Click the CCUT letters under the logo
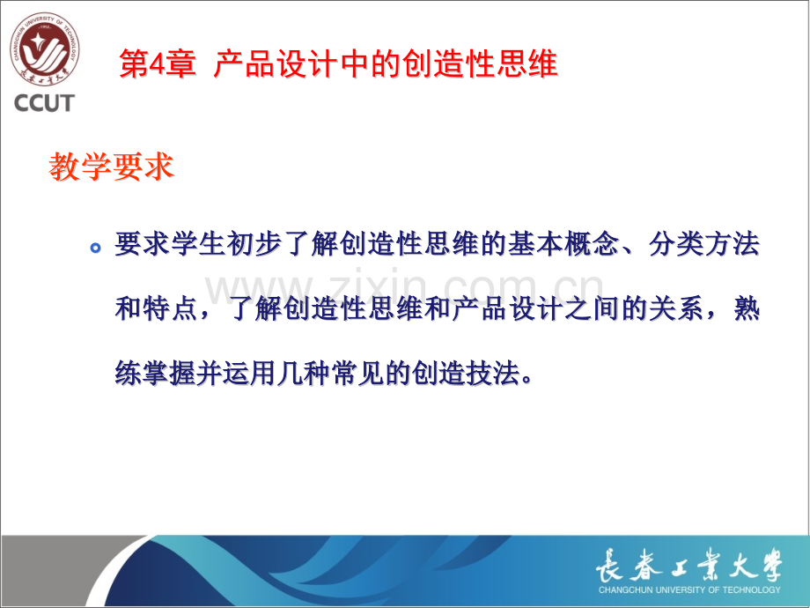click(44, 103)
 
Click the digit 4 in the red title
click(156, 64)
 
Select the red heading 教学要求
click(111, 167)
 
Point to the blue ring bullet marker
click(95, 248)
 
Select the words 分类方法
click(704, 243)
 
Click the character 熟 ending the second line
click(747, 308)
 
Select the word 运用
click(249, 373)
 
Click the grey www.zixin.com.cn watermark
click(404, 287)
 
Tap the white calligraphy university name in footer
click(689, 566)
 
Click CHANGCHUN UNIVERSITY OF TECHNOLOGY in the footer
click(689, 589)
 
